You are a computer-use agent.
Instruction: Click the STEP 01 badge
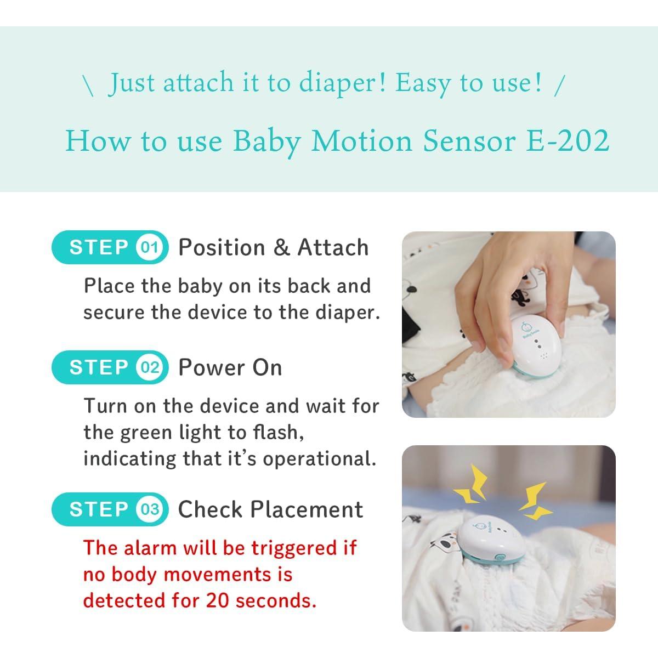point(110,248)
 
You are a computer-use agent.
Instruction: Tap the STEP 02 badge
point(110,367)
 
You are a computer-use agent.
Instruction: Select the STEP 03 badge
point(110,509)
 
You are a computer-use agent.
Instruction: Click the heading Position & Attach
point(273,248)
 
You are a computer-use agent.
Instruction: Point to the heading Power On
point(230,367)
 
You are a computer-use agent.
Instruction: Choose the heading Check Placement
point(270,509)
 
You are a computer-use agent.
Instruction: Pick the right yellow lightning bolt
point(533,502)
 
